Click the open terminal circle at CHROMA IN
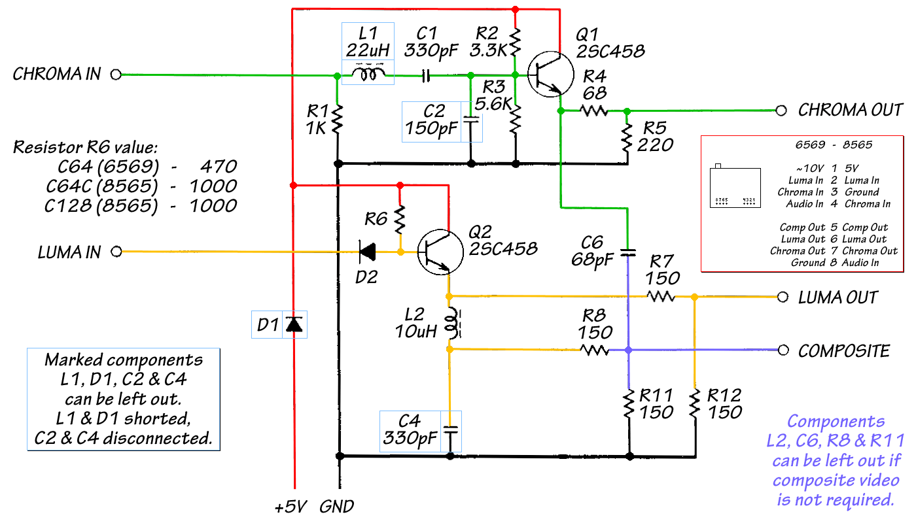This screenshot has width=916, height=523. [116, 75]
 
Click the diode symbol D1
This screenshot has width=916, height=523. [295, 324]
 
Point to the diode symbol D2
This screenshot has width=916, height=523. [369, 250]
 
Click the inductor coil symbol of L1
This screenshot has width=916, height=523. [369, 75]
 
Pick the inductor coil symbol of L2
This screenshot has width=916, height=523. [451, 322]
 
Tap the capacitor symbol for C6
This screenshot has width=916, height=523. [628, 252]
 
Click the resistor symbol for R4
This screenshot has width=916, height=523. [594, 111]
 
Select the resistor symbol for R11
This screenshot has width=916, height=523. [629, 405]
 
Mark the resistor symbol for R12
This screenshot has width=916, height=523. [695, 405]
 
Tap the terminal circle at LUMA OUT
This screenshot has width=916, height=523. [782, 297]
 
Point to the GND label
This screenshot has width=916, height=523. [337, 506]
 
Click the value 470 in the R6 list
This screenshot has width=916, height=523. [220, 166]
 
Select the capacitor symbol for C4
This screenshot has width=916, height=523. [450, 431]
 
